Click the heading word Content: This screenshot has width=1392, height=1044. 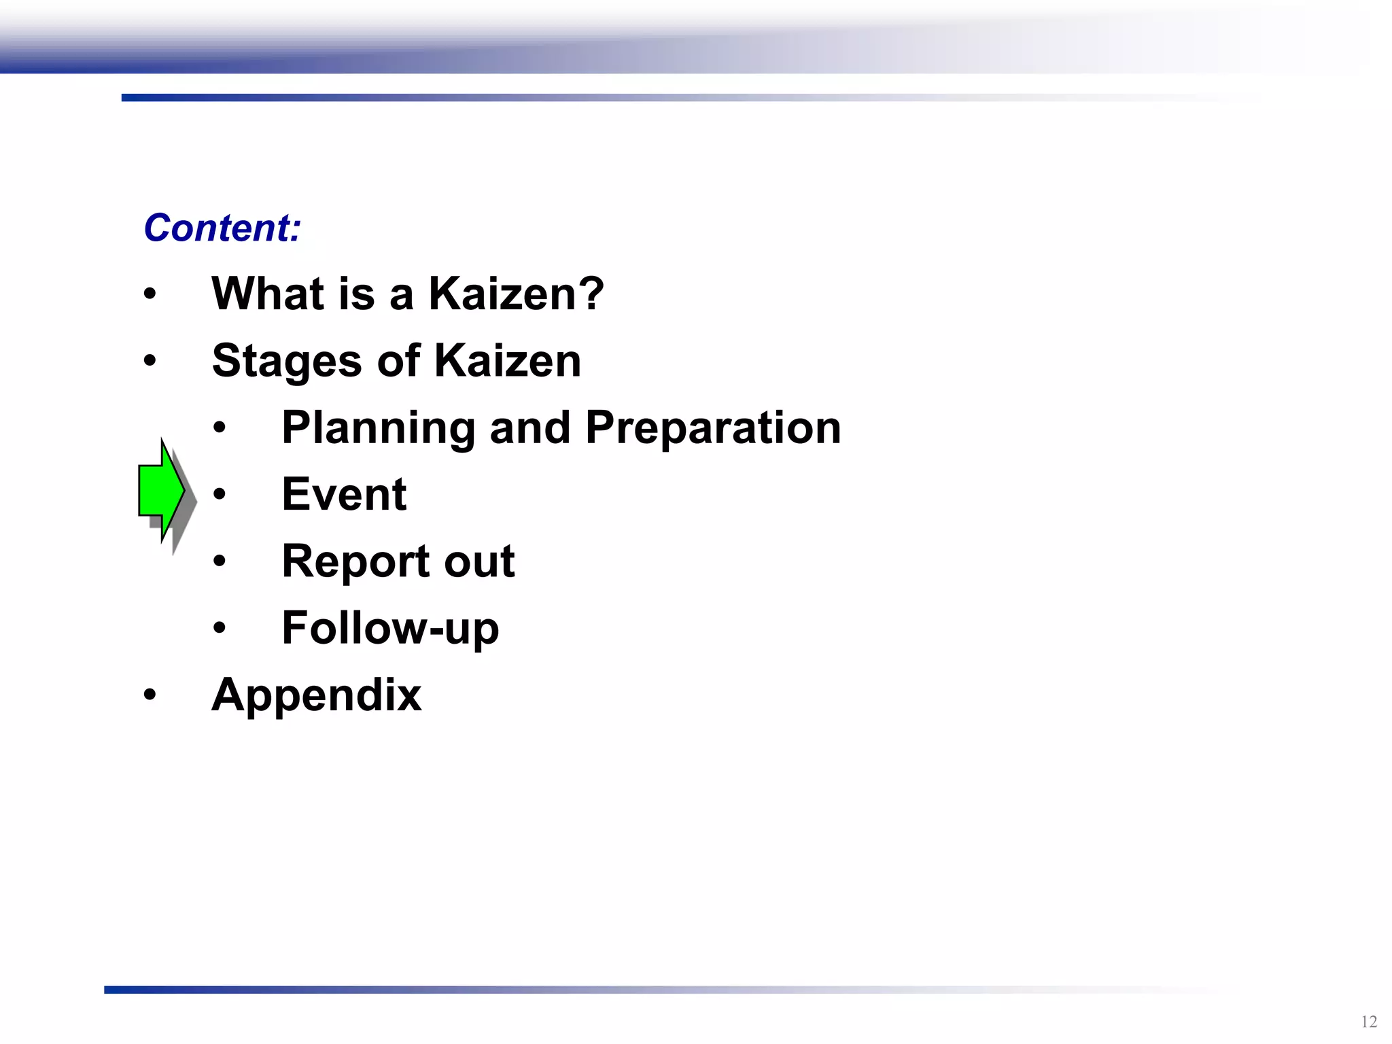[x=222, y=228]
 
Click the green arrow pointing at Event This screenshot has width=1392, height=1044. [x=161, y=490]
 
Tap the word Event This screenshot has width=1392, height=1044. [x=344, y=494]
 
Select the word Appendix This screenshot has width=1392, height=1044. [x=316, y=696]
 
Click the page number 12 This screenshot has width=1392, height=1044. [x=1369, y=1022]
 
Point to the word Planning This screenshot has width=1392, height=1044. [x=378, y=428]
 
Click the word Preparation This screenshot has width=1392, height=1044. [x=713, y=428]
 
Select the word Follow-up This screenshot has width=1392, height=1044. [x=390, y=628]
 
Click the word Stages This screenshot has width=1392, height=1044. [x=287, y=361]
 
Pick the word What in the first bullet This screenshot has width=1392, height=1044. [x=268, y=294]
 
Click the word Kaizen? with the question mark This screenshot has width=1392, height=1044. [x=516, y=294]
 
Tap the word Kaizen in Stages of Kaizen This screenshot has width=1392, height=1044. [x=507, y=360]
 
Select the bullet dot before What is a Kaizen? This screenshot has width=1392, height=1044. [x=150, y=294]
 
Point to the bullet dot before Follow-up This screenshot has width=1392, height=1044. [x=219, y=628]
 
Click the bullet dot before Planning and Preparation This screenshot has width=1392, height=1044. [x=219, y=428]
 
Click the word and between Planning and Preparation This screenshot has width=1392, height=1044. [x=529, y=428]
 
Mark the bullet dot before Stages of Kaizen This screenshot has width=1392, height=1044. [x=150, y=361]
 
